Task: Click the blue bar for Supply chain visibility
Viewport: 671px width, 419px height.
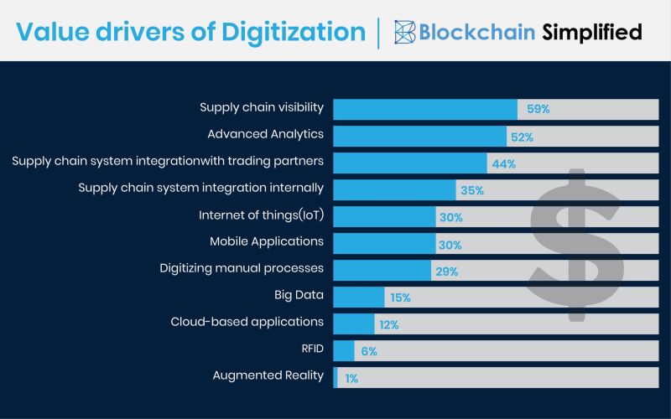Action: pos(425,109)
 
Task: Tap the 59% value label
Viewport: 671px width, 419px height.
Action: pos(538,109)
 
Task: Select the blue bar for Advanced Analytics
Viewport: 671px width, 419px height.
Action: pos(420,136)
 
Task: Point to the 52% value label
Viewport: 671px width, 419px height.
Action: pos(523,136)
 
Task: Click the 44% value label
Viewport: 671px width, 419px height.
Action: pos(503,163)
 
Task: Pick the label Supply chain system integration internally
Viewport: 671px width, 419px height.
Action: pos(201,188)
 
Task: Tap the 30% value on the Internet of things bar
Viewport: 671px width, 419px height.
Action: pos(451,217)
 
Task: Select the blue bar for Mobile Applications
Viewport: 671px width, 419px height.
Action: pos(384,243)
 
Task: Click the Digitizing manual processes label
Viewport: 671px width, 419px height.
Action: pos(242,268)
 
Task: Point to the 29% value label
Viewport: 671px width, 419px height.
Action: pos(445,271)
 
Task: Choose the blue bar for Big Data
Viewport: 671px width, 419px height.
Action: pos(359,297)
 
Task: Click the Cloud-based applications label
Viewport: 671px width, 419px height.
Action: pos(247,322)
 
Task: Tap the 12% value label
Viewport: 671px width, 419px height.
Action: pos(388,324)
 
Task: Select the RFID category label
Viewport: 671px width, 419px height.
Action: pos(311,349)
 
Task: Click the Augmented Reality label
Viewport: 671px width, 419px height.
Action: pos(268,375)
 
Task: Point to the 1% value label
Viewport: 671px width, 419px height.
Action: pos(351,378)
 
